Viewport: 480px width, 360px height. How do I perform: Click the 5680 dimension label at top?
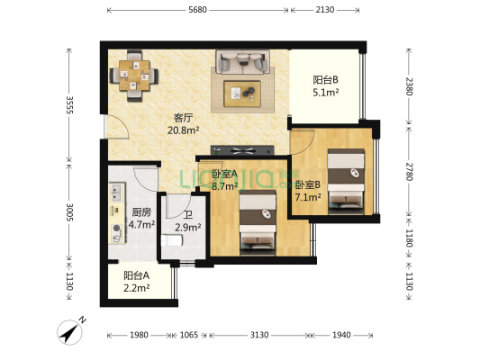[x=197, y=10]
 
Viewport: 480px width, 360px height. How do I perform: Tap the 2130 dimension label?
[x=325, y=10]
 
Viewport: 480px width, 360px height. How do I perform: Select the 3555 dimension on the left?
[x=70, y=105]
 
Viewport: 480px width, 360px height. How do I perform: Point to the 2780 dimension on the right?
[x=410, y=172]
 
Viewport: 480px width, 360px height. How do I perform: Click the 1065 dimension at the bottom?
[x=188, y=335]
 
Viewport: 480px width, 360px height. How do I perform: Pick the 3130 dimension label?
[x=259, y=335]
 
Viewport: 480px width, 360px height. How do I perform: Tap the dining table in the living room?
[x=134, y=76]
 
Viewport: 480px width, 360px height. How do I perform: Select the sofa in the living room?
[x=242, y=62]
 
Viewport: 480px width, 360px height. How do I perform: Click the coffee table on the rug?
[x=242, y=94]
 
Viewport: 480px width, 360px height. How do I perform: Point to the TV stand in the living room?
[x=242, y=150]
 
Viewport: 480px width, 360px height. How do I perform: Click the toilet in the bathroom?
[x=172, y=240]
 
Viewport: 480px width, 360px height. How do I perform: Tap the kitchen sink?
[x=116, y=192]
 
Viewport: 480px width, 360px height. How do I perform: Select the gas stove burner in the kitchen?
[x=117, y=229]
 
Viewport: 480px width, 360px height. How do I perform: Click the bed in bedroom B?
[x=346, y=182]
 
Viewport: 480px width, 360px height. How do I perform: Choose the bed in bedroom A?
[x=258, y=222]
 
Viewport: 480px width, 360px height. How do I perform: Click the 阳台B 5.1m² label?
[x=325, y=85]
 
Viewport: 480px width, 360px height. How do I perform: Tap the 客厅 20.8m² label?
[x=184, y=124]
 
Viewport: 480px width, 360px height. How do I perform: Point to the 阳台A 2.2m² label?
[x=137, y=282]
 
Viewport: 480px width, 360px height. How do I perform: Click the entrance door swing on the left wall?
[x=116, y=127]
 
